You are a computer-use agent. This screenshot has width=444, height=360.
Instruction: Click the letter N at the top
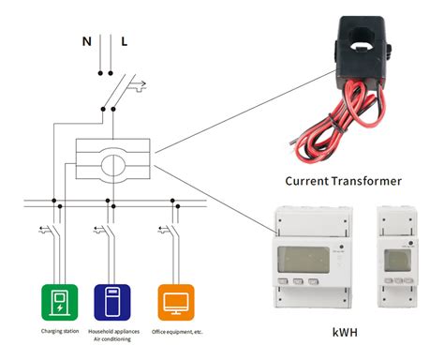(x=85, y=41)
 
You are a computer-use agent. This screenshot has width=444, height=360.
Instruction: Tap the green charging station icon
(x=59, y=303)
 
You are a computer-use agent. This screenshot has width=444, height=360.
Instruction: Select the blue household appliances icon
(x=113, y=303)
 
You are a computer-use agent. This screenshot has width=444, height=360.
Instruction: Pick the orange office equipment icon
(x=175, y=303)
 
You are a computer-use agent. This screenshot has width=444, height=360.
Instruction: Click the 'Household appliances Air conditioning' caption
(x=114, y=337)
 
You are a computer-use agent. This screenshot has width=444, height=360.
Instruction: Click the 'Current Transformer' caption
(x=344, y=180)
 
